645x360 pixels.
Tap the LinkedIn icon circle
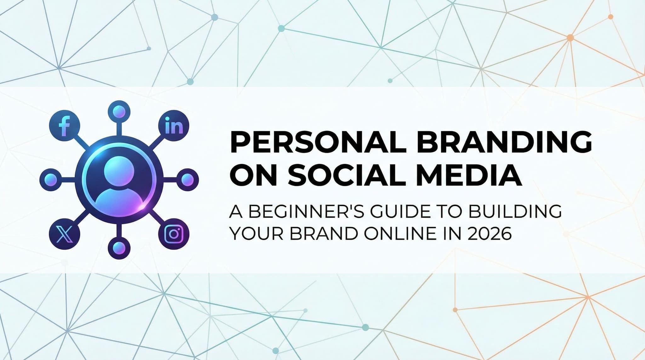point(174,127)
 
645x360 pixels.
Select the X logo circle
point(65,234)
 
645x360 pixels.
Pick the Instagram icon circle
point(174,234)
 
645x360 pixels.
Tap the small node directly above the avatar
point(119,111)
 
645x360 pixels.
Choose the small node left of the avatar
point(51,180)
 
